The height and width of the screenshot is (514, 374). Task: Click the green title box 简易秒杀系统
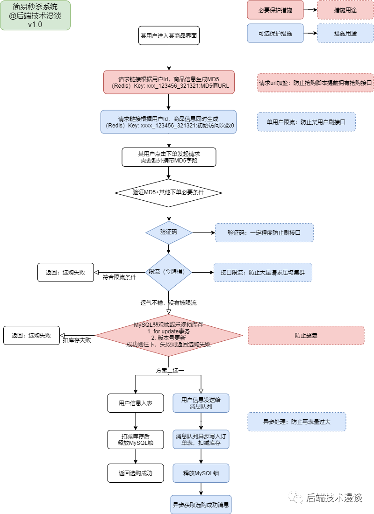coord(35,15)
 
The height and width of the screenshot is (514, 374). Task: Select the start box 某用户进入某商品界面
coord(169,35)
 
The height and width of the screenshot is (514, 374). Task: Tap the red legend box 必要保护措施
coord(275,10)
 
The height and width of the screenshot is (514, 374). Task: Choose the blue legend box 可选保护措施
coord(275,34)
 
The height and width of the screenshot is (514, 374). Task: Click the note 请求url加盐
coord(315,83)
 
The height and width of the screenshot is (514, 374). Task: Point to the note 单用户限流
coord(306,122)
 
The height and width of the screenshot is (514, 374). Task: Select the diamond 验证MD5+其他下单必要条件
coord(169,192)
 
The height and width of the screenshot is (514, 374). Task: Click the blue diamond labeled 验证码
coord(169,232)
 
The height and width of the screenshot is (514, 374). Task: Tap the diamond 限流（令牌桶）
coord(169,272)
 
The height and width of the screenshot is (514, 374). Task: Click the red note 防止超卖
coord(306,335)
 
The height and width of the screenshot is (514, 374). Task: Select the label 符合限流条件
coord(120,277)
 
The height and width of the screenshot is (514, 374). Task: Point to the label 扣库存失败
coord(77,340)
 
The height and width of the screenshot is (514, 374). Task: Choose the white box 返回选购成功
coord(136,473)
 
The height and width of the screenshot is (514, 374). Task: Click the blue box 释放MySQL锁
coord(201,473)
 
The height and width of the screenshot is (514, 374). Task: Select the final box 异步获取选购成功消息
coord(201,505)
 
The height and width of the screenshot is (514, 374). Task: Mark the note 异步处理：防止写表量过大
coord(296,422)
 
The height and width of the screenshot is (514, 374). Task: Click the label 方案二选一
coord(170,370)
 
